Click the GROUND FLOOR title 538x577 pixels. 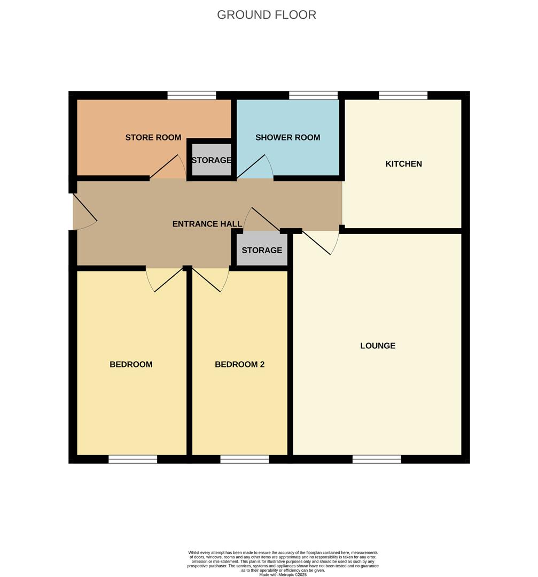[266, 14]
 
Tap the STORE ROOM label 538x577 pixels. [153, 137]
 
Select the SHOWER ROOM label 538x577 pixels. [287, 137]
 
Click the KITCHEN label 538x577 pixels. [403, 163]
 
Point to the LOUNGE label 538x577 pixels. [378, 346]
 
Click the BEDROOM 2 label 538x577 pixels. [239, 364]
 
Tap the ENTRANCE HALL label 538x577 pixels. [207, 224]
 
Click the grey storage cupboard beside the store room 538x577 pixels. [212, 160]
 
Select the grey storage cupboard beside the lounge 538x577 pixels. [262, 250]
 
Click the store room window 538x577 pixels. [191, 96]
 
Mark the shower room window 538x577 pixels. [313, 96]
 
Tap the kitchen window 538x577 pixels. [403, 96]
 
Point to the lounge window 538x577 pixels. [376, 459]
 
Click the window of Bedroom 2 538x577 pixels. [244, 459]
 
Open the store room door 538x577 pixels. [167, 167]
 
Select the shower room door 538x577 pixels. [253, 167]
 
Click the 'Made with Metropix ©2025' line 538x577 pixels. [283, 574]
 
